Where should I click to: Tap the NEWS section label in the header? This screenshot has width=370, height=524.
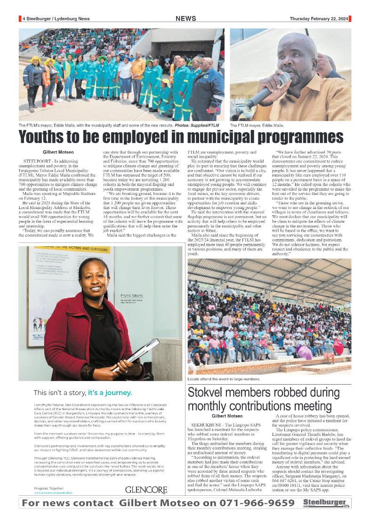pyautogui.click(x=186, y=19)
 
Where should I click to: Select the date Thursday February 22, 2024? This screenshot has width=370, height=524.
pyautogui.click(x=319, y=19)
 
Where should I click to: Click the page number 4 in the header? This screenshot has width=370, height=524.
pyautogui.click(x=24, y=19)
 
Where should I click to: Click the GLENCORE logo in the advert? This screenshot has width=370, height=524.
pyautogui.click(x=146, y=490)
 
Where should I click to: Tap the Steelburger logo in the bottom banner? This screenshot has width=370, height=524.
pyautogui.click(x=325, y=503)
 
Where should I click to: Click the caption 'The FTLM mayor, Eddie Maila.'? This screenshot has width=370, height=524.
pyautogui.click(x=257, y=125)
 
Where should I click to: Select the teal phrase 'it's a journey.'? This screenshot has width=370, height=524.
pyautogui.click(x=110, y=393)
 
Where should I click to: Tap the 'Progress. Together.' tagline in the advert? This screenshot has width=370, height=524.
pyautogui.click(x=48, y=488)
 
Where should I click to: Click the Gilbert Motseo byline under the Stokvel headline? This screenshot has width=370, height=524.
pyautogui.click(x=227, y=416)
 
